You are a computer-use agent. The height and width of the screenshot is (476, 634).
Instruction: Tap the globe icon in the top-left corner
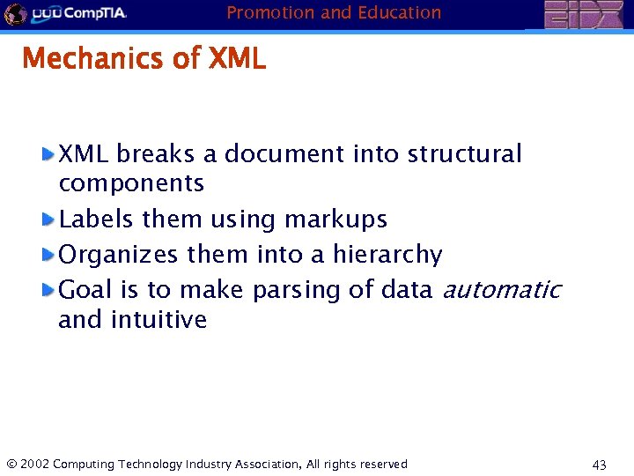pos(14,14)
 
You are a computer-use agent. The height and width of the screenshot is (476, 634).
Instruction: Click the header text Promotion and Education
pos(334,12)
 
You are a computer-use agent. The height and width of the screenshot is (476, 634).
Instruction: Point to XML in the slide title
pos(237,59)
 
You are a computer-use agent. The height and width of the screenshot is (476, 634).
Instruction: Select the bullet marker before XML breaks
pos(49,154)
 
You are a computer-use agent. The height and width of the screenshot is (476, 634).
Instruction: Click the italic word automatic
pos(501,290)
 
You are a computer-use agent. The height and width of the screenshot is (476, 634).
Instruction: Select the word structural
pos(464,154)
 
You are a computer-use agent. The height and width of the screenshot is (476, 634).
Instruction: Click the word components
pos(131,184)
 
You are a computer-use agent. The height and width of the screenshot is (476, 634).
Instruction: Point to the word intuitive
pos(158,320)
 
